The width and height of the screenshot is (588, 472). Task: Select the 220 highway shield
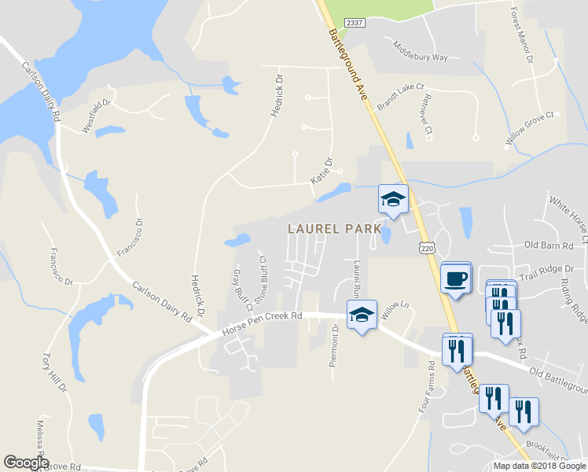point(425,247)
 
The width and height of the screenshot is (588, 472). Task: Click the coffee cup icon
point(456,278)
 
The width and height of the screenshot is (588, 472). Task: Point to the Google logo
point(25,463)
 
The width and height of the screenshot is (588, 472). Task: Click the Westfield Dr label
point(98,115)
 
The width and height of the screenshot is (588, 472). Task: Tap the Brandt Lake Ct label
point(400,94)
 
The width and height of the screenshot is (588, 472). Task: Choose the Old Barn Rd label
point(554,245)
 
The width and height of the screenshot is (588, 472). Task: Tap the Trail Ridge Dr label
point(547,271)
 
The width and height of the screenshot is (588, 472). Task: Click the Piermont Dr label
point(335,346)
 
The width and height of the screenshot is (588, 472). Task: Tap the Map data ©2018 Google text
point(538,466)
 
